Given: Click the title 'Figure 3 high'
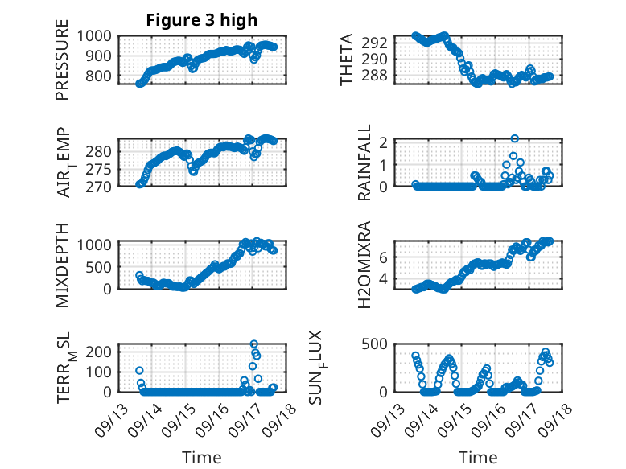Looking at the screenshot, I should coord(202,20).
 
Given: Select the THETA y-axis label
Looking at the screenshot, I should coord(347,60).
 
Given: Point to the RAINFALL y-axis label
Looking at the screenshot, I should coord(364,163).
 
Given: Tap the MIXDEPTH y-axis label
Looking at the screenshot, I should coord(62,265).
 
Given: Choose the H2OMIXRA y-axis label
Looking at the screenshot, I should coord(364,265).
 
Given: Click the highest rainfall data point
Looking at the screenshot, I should coord(514,138).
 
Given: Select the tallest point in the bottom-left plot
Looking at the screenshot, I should coord(254,344).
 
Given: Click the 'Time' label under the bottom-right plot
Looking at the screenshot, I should coord(479,457).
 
